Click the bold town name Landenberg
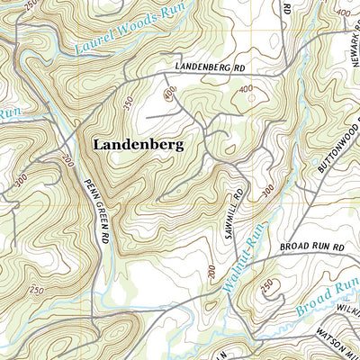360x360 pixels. [x=138, y=143]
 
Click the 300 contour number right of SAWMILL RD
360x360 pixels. [x=266, y=192]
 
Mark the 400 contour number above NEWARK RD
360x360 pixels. [x=343, y=13]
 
